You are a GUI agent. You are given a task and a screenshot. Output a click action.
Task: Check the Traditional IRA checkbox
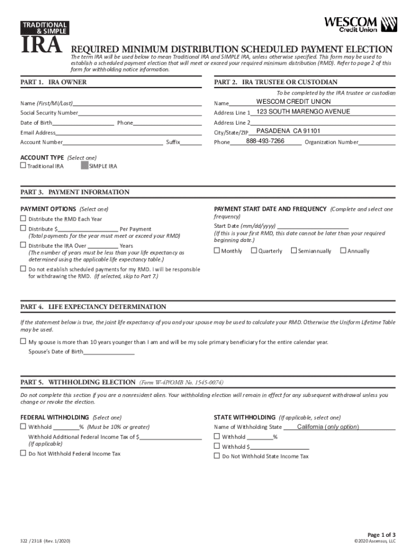(x=23, y=166)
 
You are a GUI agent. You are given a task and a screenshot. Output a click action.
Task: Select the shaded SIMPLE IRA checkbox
(x=84, y=166)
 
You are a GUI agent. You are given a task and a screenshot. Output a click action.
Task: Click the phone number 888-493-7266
(x=265, y=141)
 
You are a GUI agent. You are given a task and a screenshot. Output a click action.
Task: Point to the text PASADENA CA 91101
(x=288, y=131)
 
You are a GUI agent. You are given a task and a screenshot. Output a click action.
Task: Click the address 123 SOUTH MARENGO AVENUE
(x=303, y=112)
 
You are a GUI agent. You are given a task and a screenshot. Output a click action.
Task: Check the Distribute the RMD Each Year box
(x=23, y=219)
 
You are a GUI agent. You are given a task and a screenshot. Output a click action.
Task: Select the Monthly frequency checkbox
(x=217, y=251)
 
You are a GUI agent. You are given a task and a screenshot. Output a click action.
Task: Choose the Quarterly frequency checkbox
(x=254, y=251)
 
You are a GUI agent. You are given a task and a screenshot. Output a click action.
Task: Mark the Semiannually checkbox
(x=293, y=251)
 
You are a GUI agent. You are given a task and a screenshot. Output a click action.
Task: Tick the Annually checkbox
(x=343, y=251)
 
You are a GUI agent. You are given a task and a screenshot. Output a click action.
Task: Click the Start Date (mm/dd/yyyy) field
(x=312, y=226)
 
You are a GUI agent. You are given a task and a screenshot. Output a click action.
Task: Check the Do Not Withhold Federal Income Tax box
(x=23, y=454)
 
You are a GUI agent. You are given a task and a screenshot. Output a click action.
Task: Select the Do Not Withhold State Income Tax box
(x=217, y=456)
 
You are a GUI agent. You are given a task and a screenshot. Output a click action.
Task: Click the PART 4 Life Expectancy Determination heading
(x=93, y=307)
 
